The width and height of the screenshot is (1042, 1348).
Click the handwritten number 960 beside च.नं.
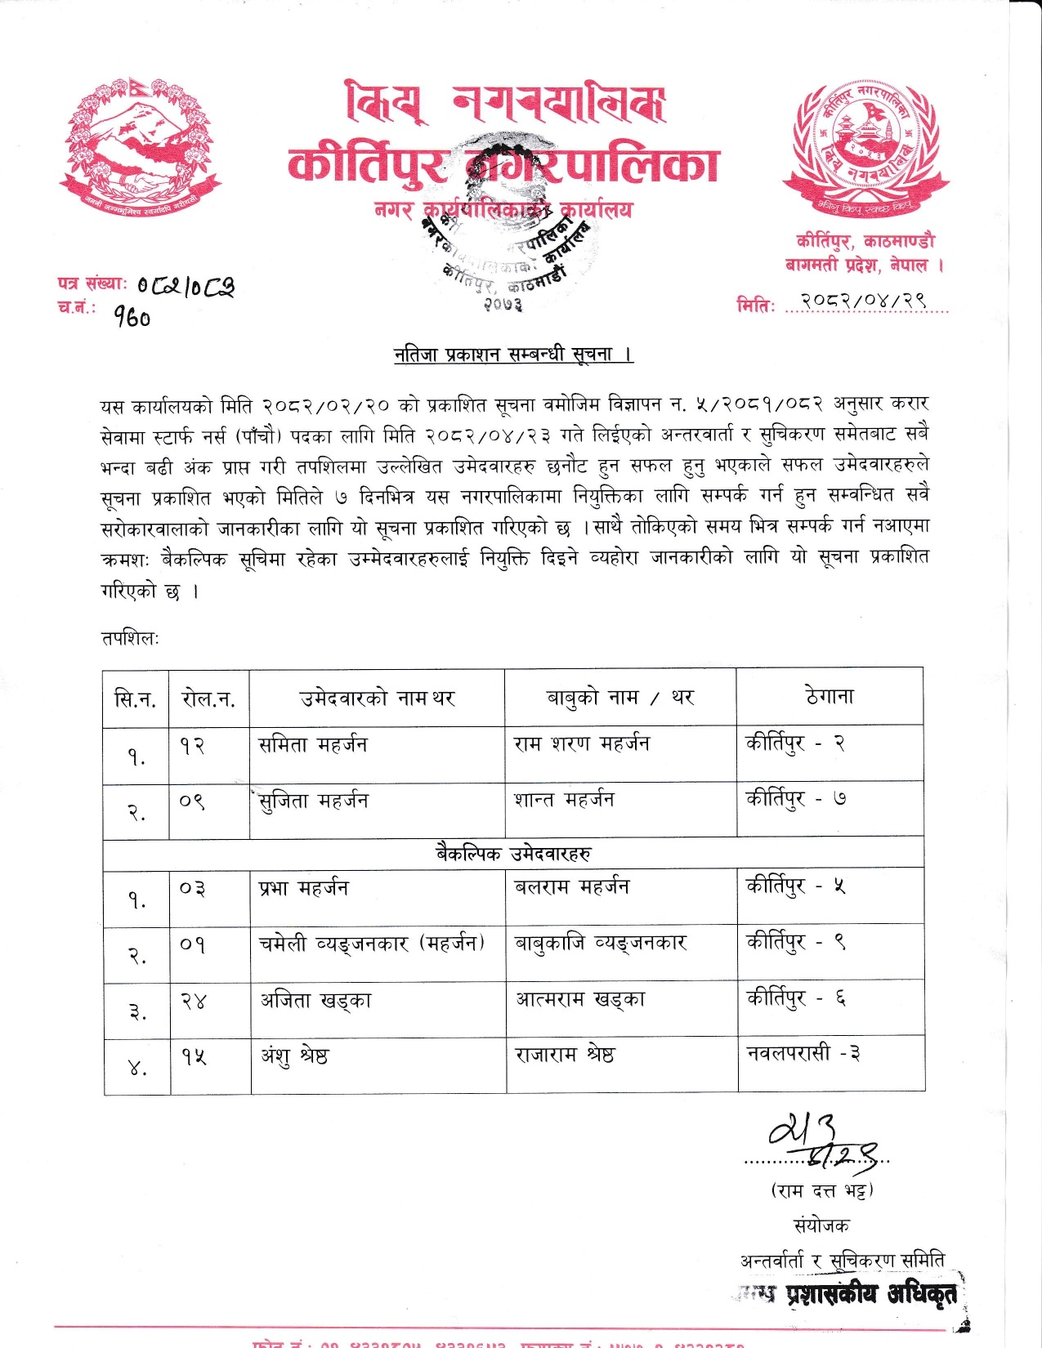coord(132,316)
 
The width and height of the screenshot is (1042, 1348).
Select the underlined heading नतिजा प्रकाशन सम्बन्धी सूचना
coord(513,355)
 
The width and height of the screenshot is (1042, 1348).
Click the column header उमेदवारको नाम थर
coord(377,698)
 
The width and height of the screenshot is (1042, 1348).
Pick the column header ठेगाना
coord(829,696)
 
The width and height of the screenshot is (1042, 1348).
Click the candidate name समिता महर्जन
coord(313,744)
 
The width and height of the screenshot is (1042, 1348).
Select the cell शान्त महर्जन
coord(564,800)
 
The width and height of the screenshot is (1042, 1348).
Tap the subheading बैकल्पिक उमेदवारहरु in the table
coord(512,854)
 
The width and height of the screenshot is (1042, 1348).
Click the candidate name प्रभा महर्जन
coord(303,888)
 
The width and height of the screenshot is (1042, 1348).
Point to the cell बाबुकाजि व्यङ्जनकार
coord(600,943)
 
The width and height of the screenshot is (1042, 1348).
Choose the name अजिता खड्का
coord(315,1000)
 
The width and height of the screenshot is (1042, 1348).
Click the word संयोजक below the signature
coord(821,1225)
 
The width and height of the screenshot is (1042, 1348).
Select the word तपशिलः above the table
coord(130,638)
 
